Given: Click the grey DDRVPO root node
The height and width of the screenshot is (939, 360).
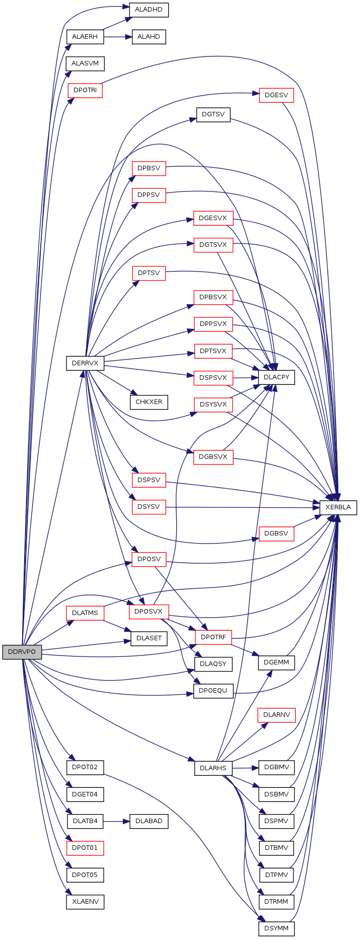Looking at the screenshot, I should [22, 651].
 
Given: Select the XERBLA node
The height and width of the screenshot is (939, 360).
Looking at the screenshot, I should [338, 507].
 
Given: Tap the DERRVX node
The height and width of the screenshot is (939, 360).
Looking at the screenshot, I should [85, 363].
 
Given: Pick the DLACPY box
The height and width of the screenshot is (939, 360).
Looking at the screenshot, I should [276, 377].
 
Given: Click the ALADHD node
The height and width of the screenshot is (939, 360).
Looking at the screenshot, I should [149, 10].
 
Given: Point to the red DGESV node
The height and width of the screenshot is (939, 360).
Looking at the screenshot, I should [276, 95].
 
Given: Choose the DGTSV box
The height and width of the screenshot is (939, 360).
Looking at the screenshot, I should [213, 114].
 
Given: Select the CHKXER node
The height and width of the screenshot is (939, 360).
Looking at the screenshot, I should [149, 402].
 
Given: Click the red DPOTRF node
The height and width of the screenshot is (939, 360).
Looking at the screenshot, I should [213, 637].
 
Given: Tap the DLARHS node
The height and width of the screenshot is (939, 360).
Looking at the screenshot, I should [213, 768].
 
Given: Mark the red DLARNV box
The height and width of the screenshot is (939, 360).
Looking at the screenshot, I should [276, 715].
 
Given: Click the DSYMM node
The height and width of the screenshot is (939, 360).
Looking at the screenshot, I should [276, 928].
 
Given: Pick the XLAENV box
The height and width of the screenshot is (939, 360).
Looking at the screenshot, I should [85, 901].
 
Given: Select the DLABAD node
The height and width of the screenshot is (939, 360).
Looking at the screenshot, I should [149, 821].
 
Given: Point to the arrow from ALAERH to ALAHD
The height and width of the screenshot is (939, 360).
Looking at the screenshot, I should [118, 37].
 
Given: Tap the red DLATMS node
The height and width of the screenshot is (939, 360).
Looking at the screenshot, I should [85, 613].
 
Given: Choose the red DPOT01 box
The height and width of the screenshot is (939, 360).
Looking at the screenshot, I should [85, 848].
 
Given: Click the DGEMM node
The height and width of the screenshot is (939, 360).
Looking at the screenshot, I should [276, 662].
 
